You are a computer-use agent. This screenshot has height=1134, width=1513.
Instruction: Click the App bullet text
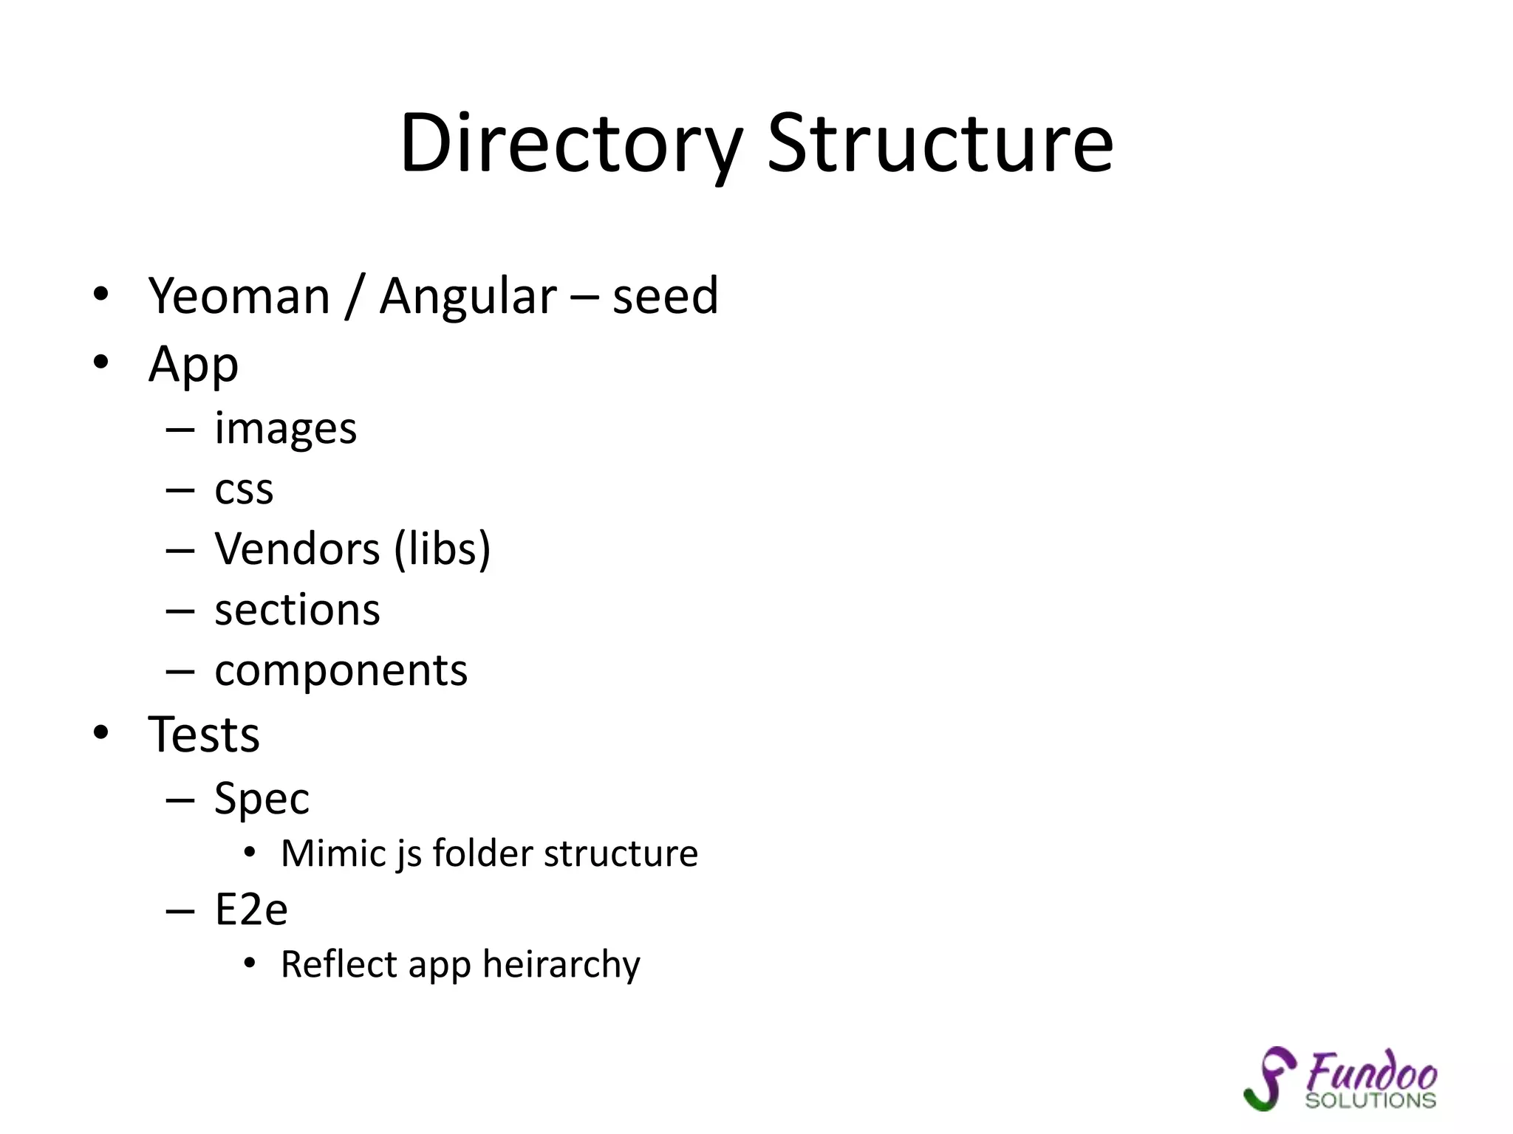(194, 365)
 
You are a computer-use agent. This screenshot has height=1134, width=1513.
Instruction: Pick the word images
(285, 429)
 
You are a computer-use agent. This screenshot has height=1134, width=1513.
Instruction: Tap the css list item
(244, 489)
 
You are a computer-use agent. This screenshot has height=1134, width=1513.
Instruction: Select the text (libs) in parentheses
(443, 549)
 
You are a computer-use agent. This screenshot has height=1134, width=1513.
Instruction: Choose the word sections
(297, 611)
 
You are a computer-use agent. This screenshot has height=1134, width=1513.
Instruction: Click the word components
(341, 671)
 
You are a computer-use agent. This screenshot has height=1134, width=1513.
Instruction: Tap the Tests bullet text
(204, 735)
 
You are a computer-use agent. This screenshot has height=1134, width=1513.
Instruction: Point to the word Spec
(262, 800)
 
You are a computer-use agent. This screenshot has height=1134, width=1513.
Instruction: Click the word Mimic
(334, 853)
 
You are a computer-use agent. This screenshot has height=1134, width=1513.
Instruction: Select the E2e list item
(251, 910)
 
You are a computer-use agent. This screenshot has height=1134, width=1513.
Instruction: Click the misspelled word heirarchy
(561, 964)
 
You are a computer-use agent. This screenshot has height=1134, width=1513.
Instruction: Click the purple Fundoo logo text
(1371, 1072)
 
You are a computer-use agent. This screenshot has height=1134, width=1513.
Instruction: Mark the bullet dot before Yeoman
(101, 295)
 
